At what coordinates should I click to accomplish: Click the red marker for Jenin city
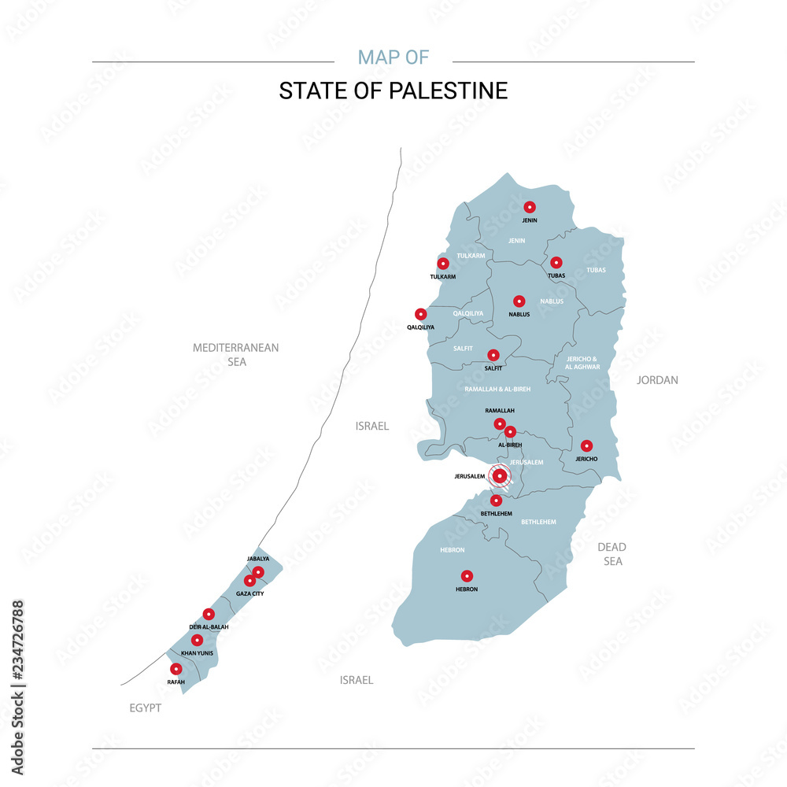[x=530, y=207]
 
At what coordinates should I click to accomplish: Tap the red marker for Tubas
[x=556, y=263]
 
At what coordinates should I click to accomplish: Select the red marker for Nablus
[x=519, y=301]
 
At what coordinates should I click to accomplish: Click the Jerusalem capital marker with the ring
[x=500, y=475]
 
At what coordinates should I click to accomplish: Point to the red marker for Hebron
[x=467, y=576]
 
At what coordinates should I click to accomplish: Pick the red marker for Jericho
[x=586, y=446]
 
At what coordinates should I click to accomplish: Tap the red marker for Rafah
[x=176, y=669]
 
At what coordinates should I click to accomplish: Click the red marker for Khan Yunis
[x=197, y=641]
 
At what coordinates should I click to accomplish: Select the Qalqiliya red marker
[x=421, y=314]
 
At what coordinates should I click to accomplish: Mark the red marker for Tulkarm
[x=443, y=264]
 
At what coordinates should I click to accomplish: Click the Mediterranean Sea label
[x=236, y=354]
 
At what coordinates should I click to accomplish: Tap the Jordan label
[x=657, y=380]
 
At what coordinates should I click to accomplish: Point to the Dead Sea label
[x=611, y=554]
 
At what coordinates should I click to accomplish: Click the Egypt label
[x=146, y=708]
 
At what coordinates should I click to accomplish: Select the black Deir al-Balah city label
[x=209, y=626]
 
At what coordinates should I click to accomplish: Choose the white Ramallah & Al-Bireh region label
[x=497, y=390]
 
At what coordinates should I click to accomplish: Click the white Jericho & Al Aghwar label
[x=582, y=363]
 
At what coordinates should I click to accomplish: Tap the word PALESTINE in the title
[x=449, y=91]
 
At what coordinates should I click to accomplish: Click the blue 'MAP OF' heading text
[x=393, y=57]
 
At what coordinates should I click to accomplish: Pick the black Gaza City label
[x=249, y=593]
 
